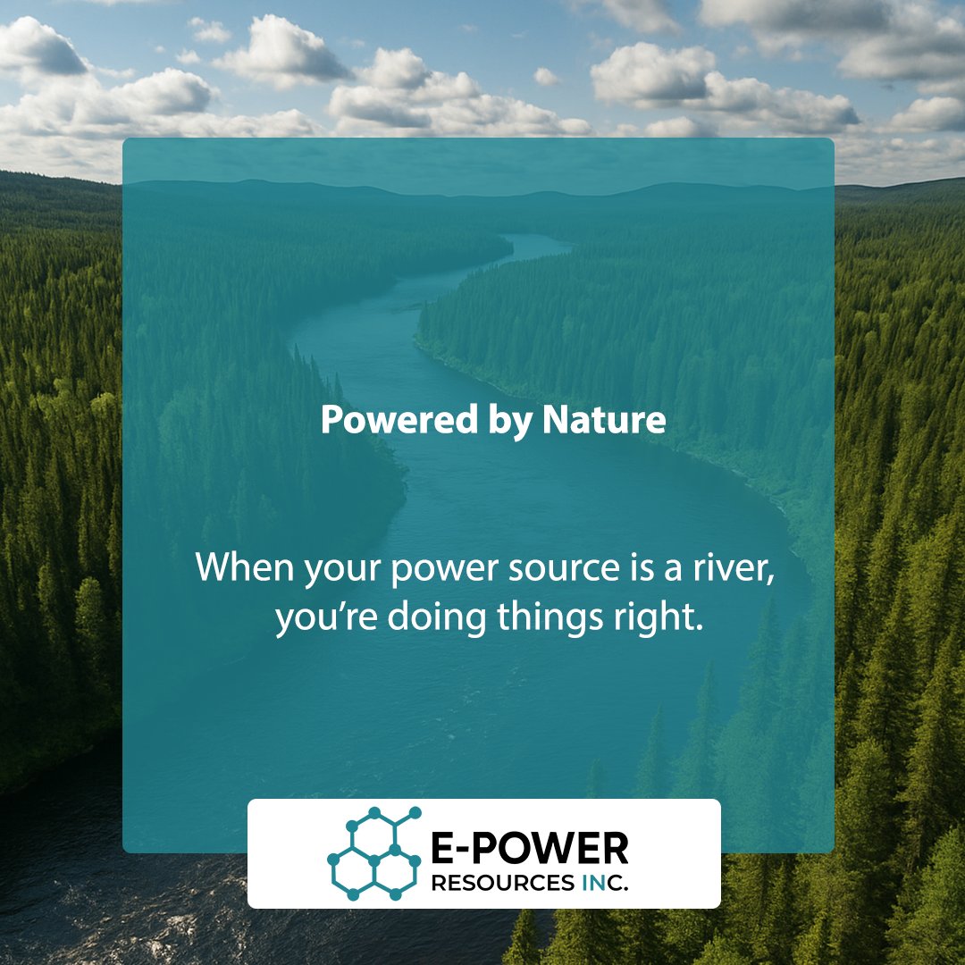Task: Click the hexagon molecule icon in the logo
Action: (373, 852)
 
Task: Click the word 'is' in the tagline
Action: (605, 569)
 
